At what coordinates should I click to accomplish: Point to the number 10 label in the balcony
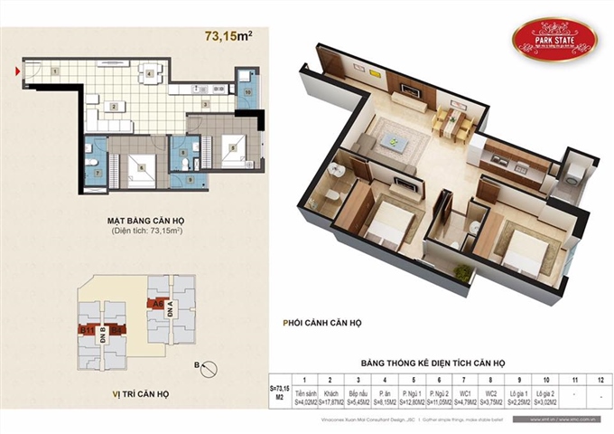click(247, 91)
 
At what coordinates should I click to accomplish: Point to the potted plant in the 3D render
click(461, 270)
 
